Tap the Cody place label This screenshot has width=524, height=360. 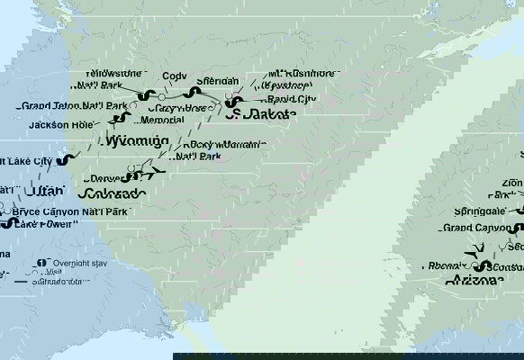pos(176,77)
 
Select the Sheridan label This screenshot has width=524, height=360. pos(219,81)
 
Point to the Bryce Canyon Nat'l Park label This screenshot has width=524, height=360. pos(73,211)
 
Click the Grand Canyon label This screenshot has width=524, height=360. pos(474,229)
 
